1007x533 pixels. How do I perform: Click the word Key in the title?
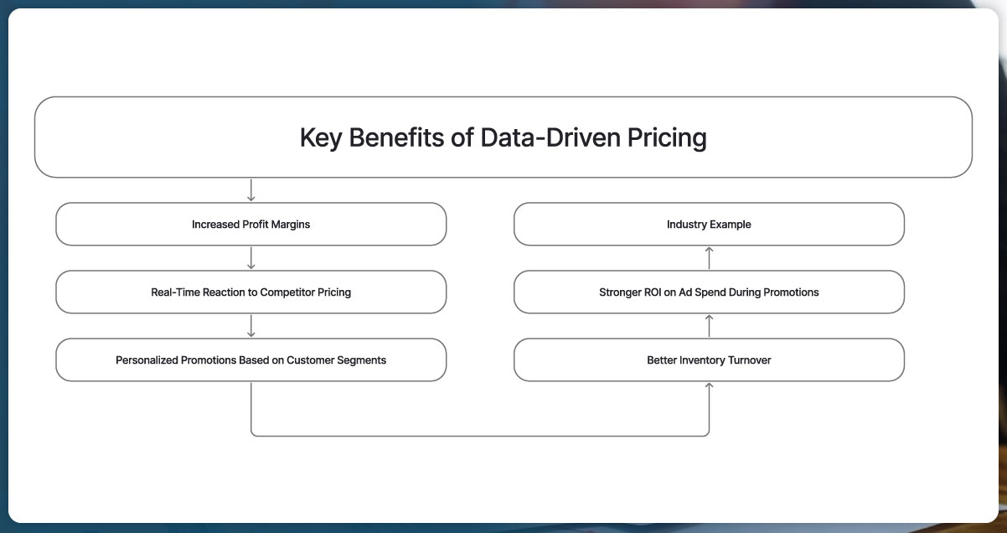coord(321,137)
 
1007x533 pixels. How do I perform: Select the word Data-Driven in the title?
coord(550,137)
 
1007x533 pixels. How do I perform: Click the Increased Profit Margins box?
coord(250,225)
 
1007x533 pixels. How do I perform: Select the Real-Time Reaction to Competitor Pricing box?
coord(250,292)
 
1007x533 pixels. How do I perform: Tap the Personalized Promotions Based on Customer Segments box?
coord(250,360)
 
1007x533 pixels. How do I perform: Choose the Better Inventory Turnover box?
coord(709,360)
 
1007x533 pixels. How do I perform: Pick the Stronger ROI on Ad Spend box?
coord(709,292)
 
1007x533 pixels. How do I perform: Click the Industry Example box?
coord(709,225)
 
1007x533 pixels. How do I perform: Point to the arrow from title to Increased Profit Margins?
coord(251,190)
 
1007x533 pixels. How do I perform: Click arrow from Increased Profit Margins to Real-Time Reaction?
coord(251,258)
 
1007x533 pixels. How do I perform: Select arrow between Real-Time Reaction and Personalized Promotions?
coord(251,326)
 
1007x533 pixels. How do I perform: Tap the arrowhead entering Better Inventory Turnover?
coord(709,386)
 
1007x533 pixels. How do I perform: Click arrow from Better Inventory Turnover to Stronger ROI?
coord(709,325)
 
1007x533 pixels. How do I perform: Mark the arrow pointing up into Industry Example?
coord(709,257)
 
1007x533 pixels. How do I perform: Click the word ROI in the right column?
coord(653,292)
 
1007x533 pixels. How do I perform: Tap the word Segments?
coord(362,360)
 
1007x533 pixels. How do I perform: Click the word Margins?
coord(290,225)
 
